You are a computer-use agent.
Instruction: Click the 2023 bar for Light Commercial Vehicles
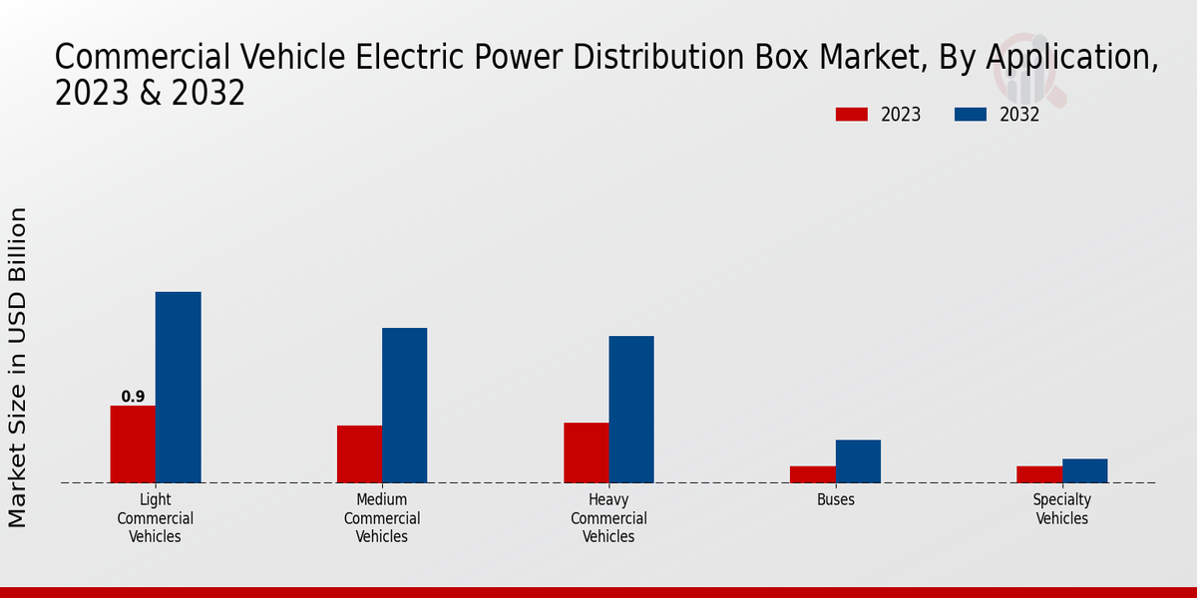tap(133, 444)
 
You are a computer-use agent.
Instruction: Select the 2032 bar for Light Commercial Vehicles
tap(178, 387)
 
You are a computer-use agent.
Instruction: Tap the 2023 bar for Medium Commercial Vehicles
tap(359, 453)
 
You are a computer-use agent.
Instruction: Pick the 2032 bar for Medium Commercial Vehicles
tap(404, 405)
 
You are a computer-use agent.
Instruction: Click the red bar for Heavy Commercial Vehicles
tap(586, 452)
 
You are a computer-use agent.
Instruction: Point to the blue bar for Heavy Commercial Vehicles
tap(631, 409)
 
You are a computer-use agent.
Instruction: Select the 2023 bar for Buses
tap(812, 474)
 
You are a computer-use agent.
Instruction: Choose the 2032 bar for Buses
tap(858, 460)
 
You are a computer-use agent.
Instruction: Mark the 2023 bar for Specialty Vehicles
tap(1038, 474)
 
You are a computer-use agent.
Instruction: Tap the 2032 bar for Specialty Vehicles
tap(1084, 470)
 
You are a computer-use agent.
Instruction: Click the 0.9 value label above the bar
tap(133, 397)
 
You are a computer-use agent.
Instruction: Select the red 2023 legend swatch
tap(851, 115)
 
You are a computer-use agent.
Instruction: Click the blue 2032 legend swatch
tap(970, 115)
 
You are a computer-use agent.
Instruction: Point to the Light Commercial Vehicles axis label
tap(156, 518)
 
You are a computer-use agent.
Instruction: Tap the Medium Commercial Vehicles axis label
tap(382, 518)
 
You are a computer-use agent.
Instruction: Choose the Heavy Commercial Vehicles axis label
tap(608, 518)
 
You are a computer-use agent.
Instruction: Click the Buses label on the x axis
tap(836, 500)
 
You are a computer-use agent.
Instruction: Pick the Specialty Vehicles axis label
tap(1062, 509)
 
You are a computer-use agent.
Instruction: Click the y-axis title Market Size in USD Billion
tap(18, 367)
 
